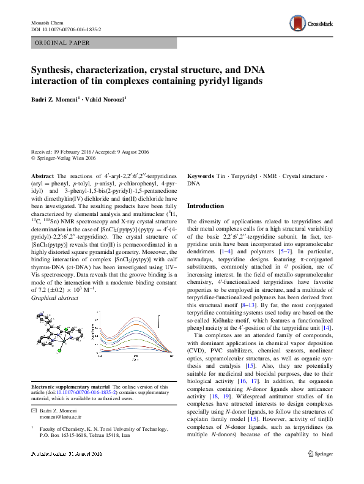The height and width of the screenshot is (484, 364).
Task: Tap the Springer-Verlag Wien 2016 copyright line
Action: [65, 158]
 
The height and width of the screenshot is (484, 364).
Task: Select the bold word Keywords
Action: [200, 176]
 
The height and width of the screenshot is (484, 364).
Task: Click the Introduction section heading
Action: [207, 206]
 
